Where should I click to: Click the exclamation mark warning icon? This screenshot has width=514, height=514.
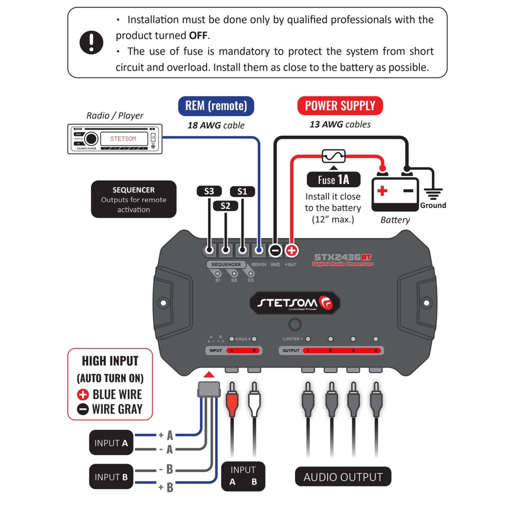click(91, 42)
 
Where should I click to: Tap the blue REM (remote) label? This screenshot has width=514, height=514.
click(216, 106)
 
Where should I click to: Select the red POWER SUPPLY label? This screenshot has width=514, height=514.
click(340, 106)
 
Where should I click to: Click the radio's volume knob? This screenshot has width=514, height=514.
click(91, 138)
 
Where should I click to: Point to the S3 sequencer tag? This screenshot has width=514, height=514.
click(209, 191)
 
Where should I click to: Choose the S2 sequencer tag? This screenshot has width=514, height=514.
click(226, 206)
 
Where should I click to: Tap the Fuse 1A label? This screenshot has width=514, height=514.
click(333, 180)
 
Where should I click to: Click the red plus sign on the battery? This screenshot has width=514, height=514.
click(382, 191)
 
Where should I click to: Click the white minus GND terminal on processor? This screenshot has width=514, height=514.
click(275, 251)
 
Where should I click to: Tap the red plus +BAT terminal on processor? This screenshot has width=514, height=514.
click(291, 251)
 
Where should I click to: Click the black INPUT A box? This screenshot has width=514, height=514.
click(111, 443)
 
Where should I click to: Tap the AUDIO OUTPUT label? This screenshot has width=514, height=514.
click(343, 476)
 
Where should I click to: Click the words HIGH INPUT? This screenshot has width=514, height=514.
click(111, 360)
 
